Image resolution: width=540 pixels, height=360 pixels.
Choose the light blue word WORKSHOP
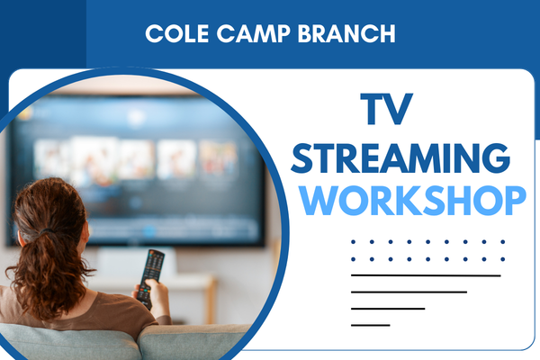(413, 200)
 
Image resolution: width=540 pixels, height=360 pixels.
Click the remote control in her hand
(151, 270)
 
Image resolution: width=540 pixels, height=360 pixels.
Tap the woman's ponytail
(56, 270)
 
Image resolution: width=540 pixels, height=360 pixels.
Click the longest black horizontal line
(426, 275)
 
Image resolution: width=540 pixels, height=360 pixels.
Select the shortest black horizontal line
(370, 325)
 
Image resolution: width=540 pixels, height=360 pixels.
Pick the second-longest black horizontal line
(409, 292)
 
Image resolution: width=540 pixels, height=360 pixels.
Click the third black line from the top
(387, 309)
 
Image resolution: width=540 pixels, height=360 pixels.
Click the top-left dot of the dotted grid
(353, 241)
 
